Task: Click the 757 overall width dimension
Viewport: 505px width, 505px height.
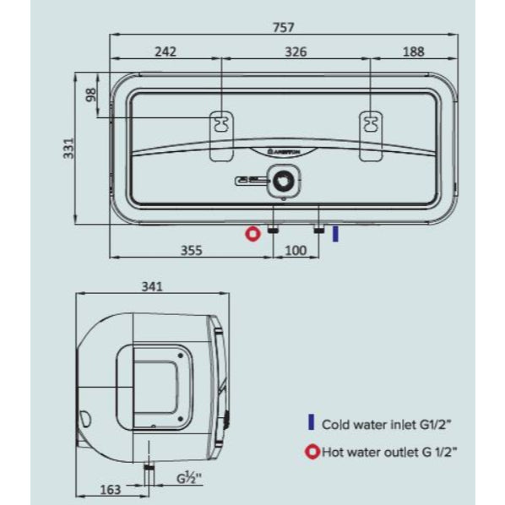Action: (x=284, y=27)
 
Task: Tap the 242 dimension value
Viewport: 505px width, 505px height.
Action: (x=166, y=52)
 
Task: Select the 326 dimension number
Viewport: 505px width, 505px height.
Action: (x=296, y=52)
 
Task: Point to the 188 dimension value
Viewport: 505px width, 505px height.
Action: (x=414, y=52)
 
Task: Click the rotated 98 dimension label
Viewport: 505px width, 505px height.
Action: (x=91, y=95)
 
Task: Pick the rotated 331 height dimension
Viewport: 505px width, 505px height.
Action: (x=68, y=149)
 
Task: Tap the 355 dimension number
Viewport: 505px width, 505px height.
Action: (x=192, y=250)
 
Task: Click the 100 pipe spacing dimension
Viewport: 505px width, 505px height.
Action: (x=296, y=250)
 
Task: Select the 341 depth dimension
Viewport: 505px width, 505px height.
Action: (x=152, y=286)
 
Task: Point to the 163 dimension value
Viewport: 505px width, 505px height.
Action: (x=111, y=490)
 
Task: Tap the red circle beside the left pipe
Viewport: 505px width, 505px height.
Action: (x=252, y=234)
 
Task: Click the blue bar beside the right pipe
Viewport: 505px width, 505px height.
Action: (x=335, y=234)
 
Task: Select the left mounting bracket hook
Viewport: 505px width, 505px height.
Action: (x=221, y=124)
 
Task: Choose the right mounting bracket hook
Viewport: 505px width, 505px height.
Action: (x=371, y=124)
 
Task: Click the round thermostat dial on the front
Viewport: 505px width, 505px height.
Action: (x=283, y=181)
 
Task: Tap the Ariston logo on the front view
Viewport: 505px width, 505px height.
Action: (x=284, y=151)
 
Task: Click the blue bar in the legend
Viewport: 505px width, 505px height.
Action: (x=311, y=422)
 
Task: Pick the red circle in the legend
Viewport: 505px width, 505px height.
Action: (x=312, y=452)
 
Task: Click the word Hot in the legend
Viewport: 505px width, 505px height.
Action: (x=334, y=452)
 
